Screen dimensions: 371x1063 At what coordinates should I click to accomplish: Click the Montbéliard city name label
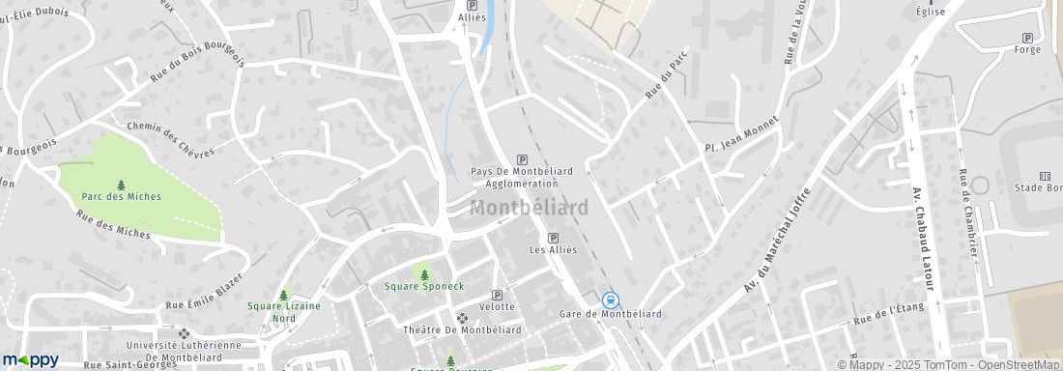tap(529, 208)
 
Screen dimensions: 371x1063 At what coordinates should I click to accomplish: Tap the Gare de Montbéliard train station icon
tap(610, 300)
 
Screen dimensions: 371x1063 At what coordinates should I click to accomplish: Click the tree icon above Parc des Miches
tap(121, 184)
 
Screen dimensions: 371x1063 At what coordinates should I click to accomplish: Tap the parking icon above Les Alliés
tap(553, 238)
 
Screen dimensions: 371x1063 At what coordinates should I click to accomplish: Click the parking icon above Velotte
tap(497, 295)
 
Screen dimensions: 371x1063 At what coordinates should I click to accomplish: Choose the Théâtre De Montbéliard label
tap(462, 329)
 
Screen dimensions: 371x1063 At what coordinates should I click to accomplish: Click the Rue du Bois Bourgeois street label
tap(197, 74)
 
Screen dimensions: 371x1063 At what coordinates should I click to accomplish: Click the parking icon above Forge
tap(1027, 38)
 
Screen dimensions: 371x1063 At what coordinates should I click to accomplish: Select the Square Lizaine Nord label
tap(284, 311)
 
